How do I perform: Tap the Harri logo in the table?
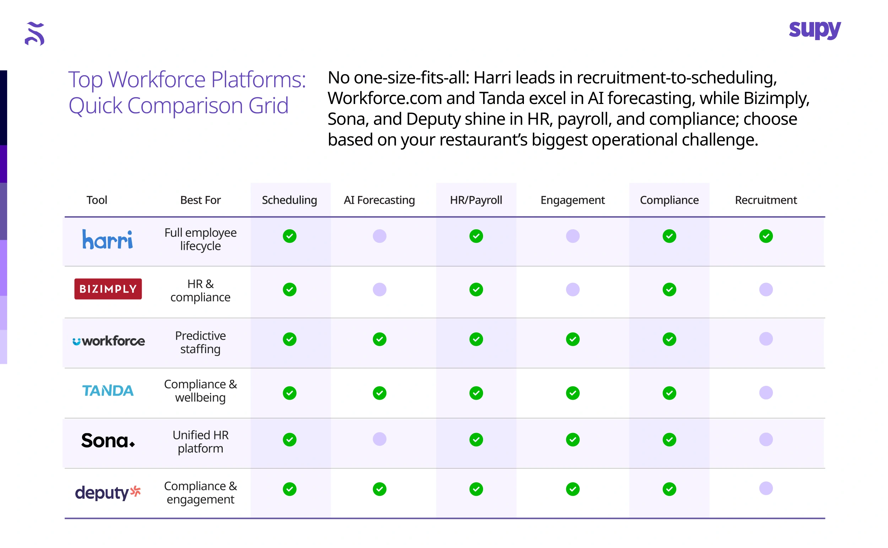point(108,240)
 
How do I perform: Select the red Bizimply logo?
point(108,289)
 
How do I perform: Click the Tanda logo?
point(108,391)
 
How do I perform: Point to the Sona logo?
point(108,440)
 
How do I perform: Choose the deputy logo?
point(108,493)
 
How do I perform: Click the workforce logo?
point(108,341)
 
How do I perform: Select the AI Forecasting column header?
point(379,200)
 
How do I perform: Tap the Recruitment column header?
point(765,200)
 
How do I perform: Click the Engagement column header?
point(573,200)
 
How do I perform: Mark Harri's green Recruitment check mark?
point(766,236)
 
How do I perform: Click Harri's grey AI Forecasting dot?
point(379,236)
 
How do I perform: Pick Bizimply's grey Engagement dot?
point(573,290)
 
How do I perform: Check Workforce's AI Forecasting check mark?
point(379,339)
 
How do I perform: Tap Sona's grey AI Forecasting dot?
point(379,439)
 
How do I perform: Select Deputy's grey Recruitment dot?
point(766,489)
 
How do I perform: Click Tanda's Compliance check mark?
point(669,393)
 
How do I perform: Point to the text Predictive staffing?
point(200,342)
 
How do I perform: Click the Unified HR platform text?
point(200,442)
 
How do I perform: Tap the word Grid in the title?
point(269,106)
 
